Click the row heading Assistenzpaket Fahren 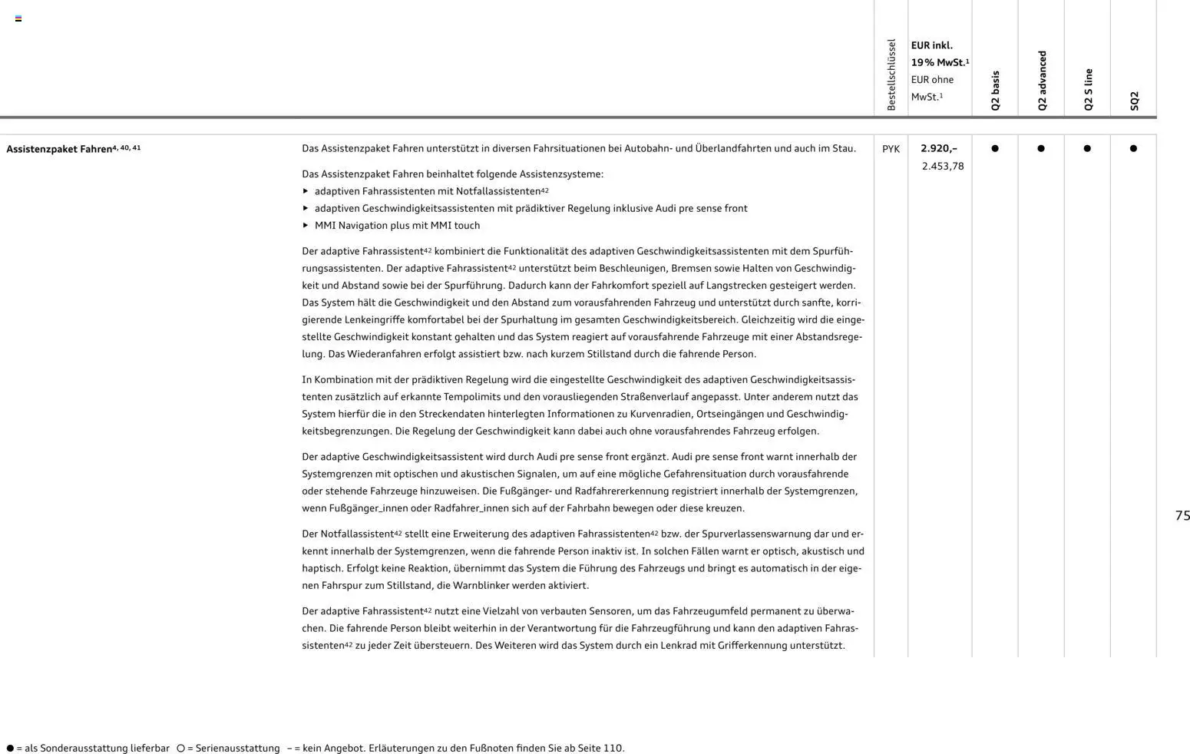[59, 149]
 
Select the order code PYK [891, 149]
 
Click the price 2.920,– [939, 148]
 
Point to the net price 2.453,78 [943, 166]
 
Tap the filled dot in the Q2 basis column [995, 148]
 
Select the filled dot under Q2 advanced [1041, 148]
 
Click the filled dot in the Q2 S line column [1087, 148]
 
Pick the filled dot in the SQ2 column [1133, 148]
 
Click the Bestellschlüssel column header [891, 74]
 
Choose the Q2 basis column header [996, 91]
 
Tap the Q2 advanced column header [1042, 81]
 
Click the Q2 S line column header [1088, 89]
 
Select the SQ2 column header [1134, 101]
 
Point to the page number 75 [1182, 516]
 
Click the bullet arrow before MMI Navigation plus [306, 225]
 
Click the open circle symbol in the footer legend [180, 748]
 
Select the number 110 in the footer [612, 748]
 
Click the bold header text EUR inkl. [931, 45]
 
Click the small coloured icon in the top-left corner [18, 18]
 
